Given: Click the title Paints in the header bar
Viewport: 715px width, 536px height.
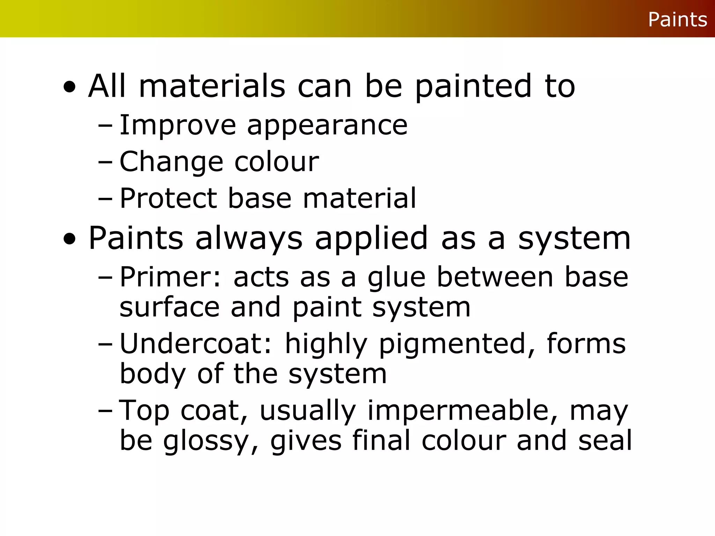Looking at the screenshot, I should (677, 20).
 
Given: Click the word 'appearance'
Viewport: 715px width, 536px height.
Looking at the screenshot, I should (327, 126).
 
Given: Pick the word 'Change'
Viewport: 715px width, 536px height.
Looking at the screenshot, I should (171, 162).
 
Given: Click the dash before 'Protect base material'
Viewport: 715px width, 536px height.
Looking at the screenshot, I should (105, 199).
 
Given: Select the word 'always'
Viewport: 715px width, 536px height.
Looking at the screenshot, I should (249, 239).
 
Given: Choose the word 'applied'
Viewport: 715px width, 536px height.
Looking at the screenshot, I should (371, 239).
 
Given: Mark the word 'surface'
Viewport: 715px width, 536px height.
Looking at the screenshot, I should (170, 307).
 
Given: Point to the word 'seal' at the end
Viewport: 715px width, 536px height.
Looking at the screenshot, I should (605, 440).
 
